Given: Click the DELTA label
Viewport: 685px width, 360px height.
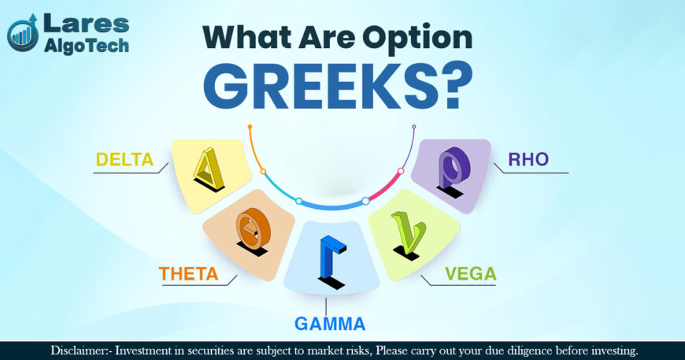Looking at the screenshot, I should click(x=124, y=160).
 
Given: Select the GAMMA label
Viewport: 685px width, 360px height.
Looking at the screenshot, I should click(x=330, y=324).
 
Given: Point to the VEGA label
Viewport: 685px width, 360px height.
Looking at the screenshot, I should click(x=470, y=274).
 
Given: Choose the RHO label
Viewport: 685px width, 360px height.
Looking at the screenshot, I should click(x=528, y=160).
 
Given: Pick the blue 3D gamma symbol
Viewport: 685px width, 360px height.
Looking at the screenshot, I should click(x=328, y=264).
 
